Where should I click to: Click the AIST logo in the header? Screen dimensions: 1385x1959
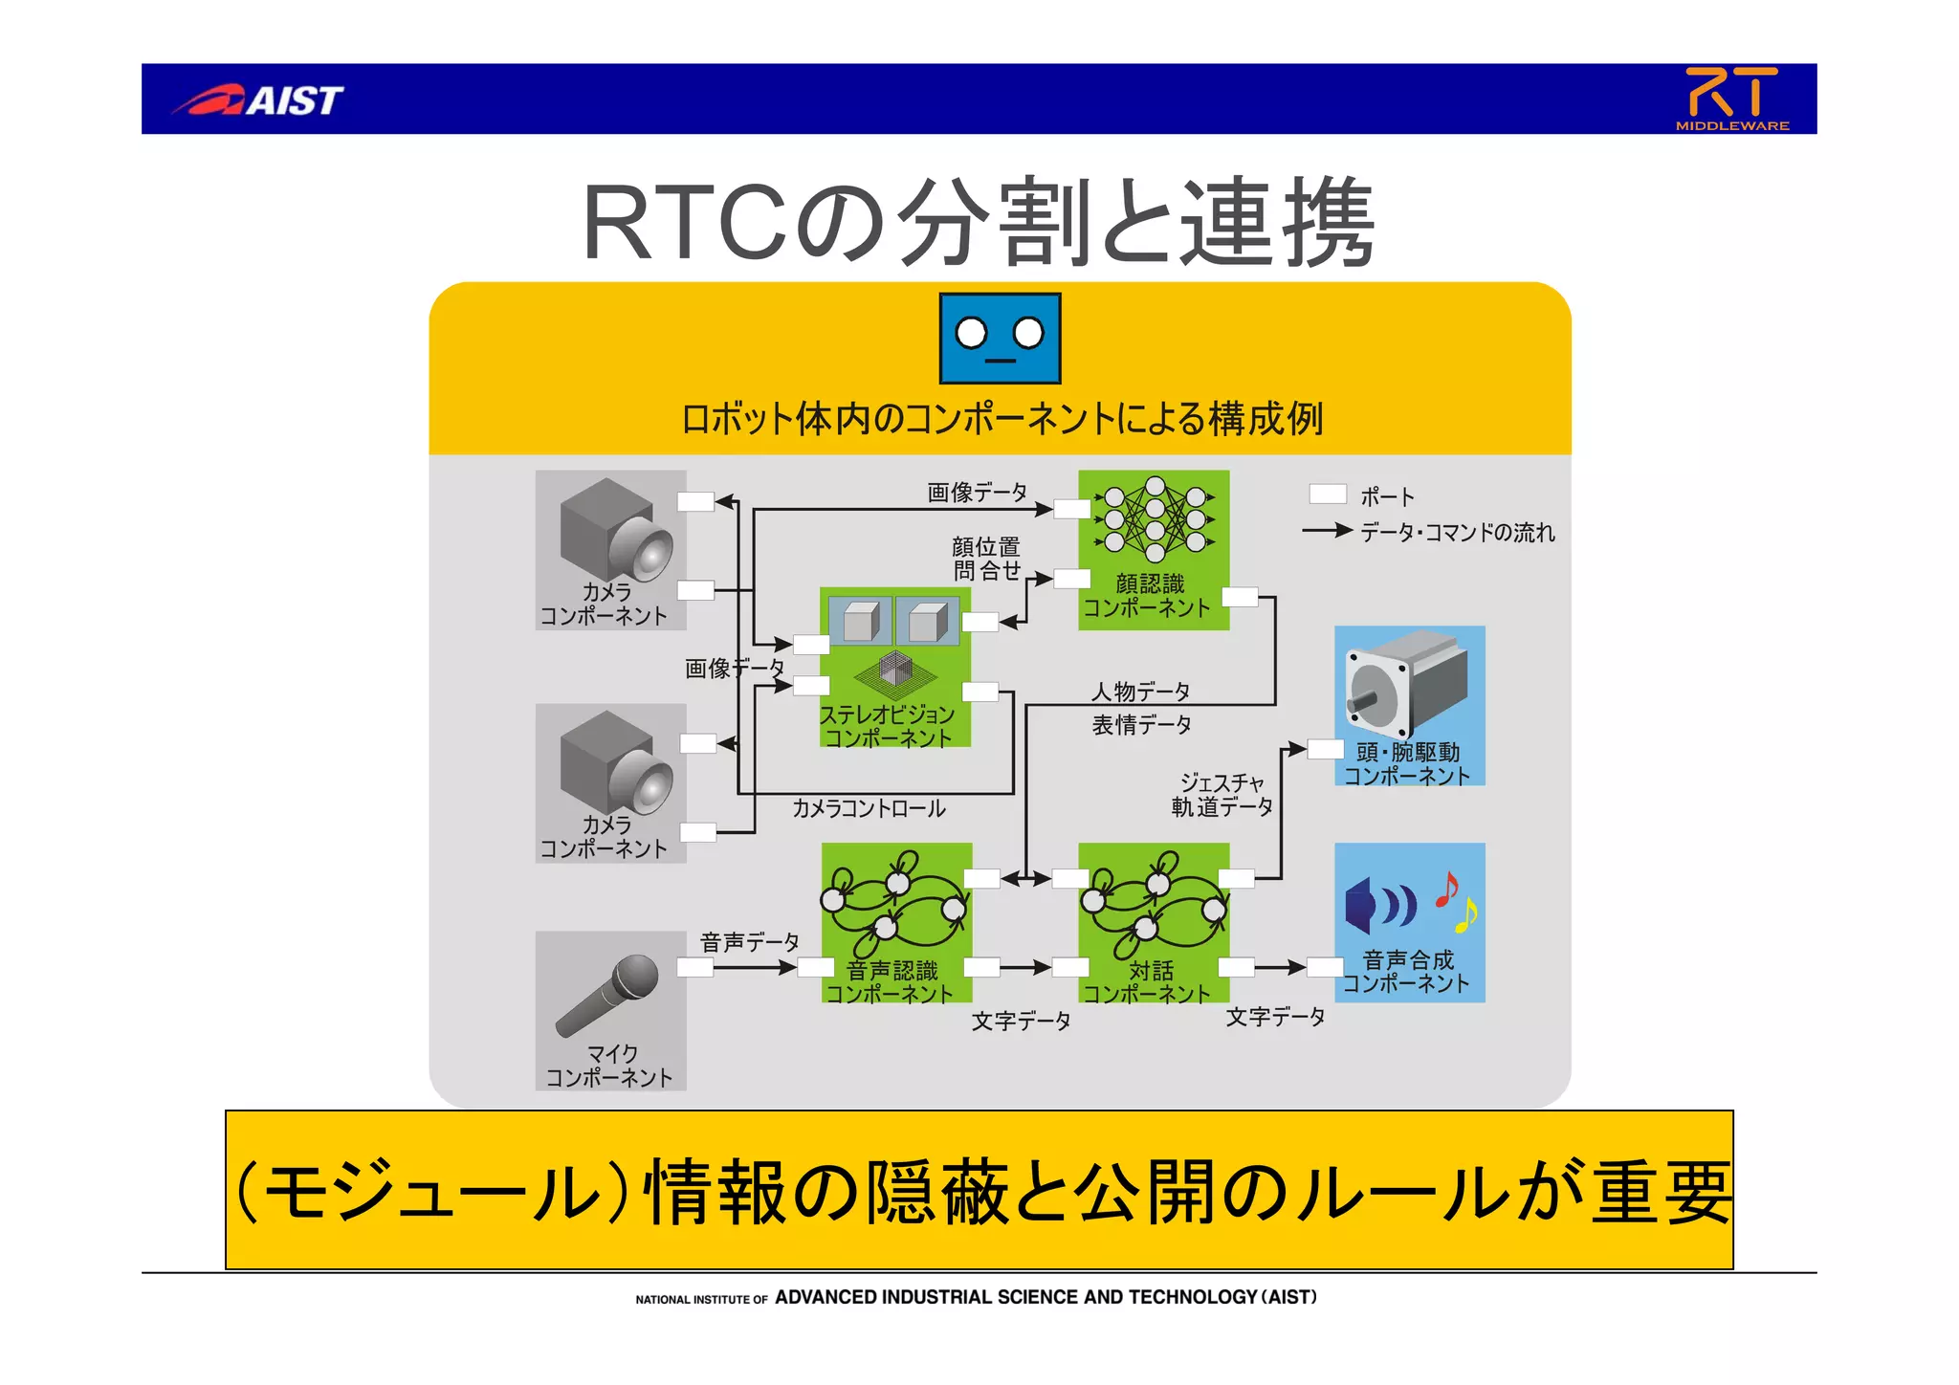[x=258, y=99]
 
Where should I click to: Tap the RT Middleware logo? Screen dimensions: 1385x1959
[x=1731, y=98]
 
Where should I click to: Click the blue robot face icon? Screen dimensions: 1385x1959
[x=1000, y=338]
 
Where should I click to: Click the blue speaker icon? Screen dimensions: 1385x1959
[x=1377, y=905]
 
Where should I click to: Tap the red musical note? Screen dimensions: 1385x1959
[x=1447, y=890]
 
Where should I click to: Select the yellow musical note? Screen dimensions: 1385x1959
[x=1465, y=915]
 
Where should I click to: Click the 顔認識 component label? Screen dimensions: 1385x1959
[x=1147, y=596]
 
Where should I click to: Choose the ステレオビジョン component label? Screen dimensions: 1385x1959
[x=888, y=726]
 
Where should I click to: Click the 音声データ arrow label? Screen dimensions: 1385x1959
[x=749, y=942]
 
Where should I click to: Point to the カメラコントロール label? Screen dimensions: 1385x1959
[x=869, y=808]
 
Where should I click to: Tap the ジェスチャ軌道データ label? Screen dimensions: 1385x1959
[x=1222, y=795]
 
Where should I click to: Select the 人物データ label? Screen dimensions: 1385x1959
[x=1141, y=691]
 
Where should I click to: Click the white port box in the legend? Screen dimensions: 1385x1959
[x=1328, y=494]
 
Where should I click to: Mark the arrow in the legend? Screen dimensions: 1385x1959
[x=1327, y=530]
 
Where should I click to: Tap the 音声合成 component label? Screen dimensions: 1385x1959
[x=1407, y=971]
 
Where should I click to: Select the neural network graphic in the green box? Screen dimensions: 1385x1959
[x=1155, y=518]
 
